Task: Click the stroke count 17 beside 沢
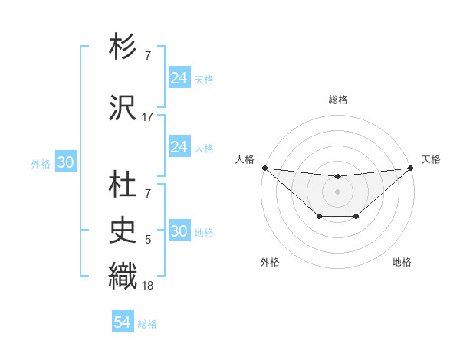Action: click(x=147, y=117)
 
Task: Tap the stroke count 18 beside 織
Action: click(x=147, y=286)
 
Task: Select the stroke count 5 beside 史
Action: click(x=147, y=240)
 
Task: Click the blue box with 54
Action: click(x=123, y=323)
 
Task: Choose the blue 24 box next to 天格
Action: click(x=179, y=77)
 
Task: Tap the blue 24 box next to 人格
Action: click(x=179, y=146)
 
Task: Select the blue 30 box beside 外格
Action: click(x=65, y=162)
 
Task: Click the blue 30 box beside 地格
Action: click(x=179, y=231)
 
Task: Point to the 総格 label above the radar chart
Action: click(x=338, y=100)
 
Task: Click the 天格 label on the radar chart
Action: click(x=431, y=159)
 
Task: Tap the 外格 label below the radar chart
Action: click(x=270, y=262)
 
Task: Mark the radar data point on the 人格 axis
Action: click(x=264, y=168)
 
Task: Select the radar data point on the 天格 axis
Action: click(x=411, y=168)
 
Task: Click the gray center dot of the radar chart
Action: click(x=337, y=191)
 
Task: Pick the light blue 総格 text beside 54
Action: click(x=147, y=324)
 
